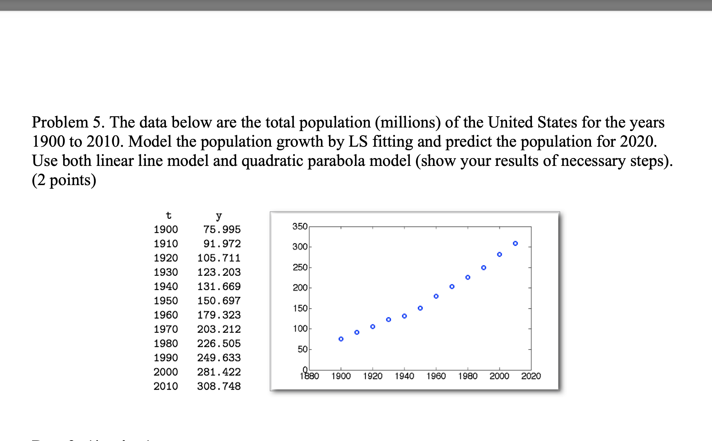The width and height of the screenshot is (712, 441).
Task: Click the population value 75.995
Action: coord(222,229)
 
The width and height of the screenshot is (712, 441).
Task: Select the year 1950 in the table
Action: coord(166,301)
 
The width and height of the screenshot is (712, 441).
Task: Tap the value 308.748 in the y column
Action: coord(219,386)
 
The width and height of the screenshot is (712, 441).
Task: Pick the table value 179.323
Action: coord(219,315)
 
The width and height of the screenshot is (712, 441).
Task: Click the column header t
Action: coord(168,215)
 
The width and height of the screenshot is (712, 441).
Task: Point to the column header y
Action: coord(219,215)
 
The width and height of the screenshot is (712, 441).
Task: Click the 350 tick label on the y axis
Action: coord(300,226)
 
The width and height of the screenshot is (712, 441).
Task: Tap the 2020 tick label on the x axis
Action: coord(531,376)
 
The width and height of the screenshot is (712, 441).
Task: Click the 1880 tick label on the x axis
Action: coord(310,376)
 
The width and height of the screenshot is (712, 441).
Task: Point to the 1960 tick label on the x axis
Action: coord(436,376)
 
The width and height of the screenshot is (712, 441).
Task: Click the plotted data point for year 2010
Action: coord(515,244)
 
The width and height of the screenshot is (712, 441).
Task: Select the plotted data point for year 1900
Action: coord(341,339)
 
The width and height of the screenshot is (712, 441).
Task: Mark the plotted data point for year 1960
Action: coord(436,296)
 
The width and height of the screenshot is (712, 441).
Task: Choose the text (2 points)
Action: coord(64,180)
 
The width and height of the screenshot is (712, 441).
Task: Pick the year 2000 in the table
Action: coord(166,372)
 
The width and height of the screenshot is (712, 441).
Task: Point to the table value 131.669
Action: coord(219,286)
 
